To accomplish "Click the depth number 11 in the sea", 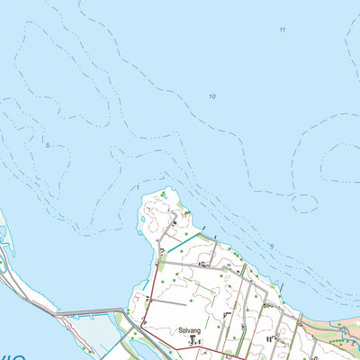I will click(283, 30).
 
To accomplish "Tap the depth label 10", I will click(212, 96).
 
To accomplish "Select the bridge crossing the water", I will click(90, 312).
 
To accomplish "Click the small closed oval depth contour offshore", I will click(305, 203).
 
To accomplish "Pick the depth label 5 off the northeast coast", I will click(271, 246).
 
